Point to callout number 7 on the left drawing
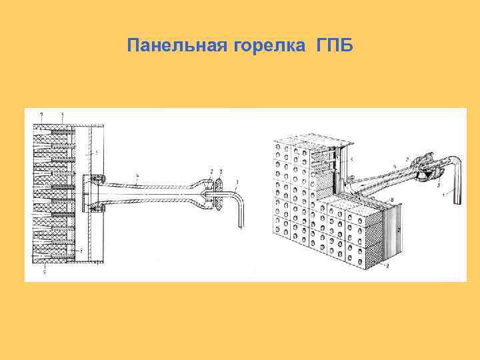(41, 115)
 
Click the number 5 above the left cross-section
(63, 115)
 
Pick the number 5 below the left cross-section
(44, 271)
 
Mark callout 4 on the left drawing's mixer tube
(137, 175)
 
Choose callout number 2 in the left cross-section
(211, 171)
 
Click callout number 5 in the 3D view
(352, 159)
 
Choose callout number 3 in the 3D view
(439, 185)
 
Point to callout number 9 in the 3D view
(387, 266)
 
